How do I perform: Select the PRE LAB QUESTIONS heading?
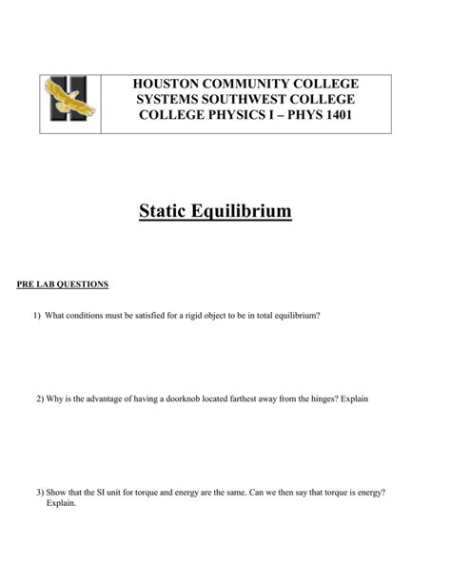pos(63,284)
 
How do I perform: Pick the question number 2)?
pos(40,399)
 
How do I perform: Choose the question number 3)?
pos(40,493)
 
